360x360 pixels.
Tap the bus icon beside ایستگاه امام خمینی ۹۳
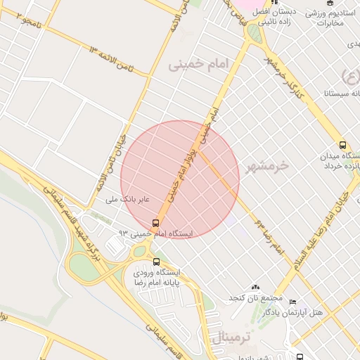(x=156, y=223)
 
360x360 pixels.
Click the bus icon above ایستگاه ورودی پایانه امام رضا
(x=147, y=262)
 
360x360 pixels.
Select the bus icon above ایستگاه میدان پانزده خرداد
(x=342, y=143)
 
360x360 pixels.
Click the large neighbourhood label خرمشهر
(x=268, y=166)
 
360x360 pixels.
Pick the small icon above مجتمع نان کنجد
(x=255, y=287)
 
